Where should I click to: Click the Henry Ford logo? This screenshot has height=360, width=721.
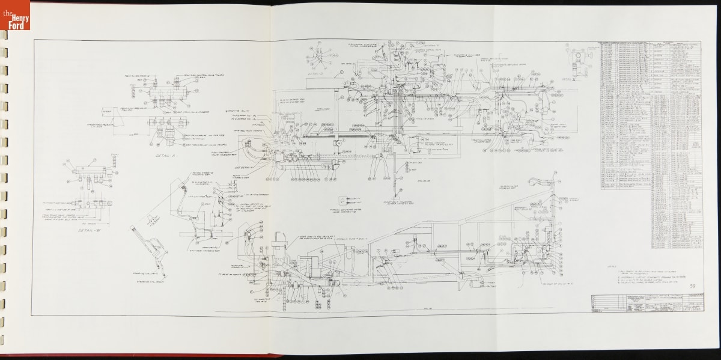coord(15,15)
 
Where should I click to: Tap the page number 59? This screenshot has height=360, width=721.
coord(693,286)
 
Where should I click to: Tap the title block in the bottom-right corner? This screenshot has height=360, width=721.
coord(646,304)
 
